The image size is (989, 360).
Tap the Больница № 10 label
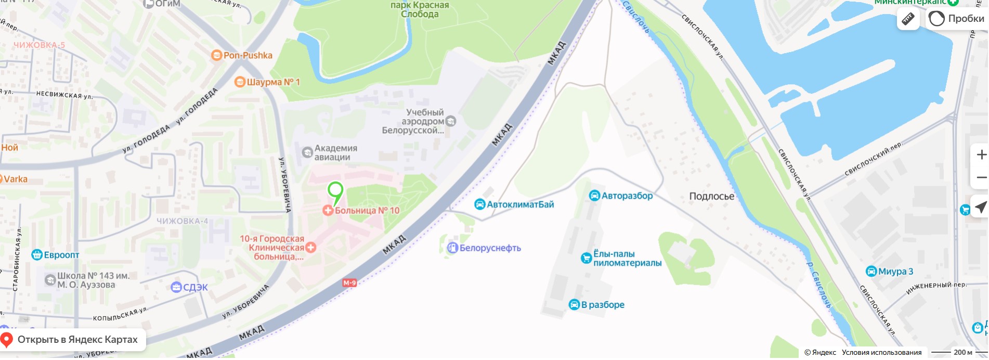[367, 211]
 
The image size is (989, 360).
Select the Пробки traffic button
[957, 19]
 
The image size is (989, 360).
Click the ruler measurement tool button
[908, 19]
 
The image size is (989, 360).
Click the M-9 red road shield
[349, 283]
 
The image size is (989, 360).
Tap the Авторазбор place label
[627, 196]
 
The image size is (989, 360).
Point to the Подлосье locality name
[711, 197]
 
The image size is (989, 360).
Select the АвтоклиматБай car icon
[479, 204]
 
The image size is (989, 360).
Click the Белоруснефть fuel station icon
[452, 248]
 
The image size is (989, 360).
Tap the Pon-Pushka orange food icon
[216, 55]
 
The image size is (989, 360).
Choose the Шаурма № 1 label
[273, 82]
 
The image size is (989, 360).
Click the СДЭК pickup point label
[195, 287]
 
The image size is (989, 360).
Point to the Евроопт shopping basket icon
[37, 255]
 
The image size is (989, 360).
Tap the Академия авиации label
[335, 153]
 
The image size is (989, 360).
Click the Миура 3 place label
[895, 272]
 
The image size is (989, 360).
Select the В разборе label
[602, 305]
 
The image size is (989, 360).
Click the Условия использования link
[881, 353]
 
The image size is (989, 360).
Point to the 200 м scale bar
[952, 353]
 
